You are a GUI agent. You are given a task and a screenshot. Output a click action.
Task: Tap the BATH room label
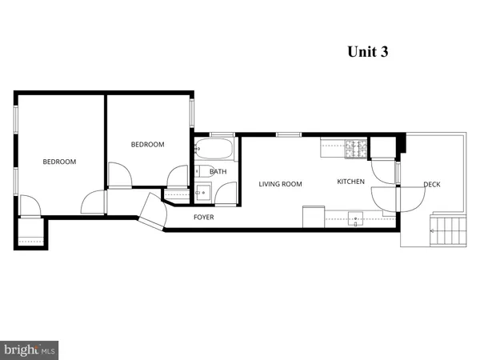tap(218, 171)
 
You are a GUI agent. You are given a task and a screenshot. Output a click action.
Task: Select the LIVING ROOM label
tap(280, 184)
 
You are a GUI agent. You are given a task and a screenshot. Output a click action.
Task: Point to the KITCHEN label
tap(350, 182)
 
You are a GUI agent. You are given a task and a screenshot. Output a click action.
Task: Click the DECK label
tap(431, 185)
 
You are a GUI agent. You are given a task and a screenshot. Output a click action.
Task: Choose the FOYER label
tap(203, 217)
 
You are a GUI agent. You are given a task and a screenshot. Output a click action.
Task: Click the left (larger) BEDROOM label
tap(59, 162)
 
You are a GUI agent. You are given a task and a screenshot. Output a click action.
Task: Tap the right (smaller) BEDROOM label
tap(147, 144)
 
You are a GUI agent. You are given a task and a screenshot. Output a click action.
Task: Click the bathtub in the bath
tap(214, 150)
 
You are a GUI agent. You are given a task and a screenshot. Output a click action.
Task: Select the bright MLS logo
tap(30, 350)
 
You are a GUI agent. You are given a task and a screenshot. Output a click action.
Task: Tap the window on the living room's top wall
tap(288, 134)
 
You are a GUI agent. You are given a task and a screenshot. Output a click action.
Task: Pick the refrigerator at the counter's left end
tap(313, 217)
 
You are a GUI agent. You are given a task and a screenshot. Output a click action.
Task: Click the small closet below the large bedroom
tap(31, 232)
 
